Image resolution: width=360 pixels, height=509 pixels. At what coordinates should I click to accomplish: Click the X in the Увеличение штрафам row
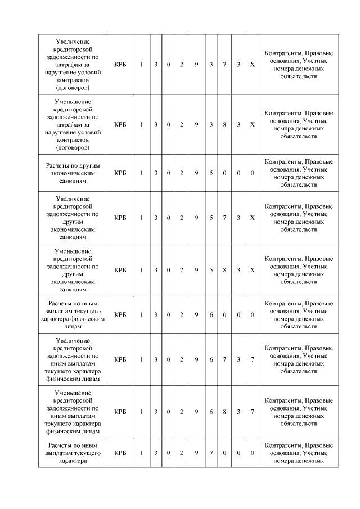(253, 65)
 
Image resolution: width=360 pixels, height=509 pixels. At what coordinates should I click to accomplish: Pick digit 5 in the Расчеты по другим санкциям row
(211, 173)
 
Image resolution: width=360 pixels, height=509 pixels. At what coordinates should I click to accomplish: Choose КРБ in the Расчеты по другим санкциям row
(120, 173)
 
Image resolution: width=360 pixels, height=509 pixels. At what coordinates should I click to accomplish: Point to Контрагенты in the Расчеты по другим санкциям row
(279, 161)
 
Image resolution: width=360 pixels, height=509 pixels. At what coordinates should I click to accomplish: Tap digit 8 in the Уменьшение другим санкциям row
(224, 270)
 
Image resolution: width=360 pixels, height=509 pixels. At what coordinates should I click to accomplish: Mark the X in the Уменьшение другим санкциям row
(253, 270)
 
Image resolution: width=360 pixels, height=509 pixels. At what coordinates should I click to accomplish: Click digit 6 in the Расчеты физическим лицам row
(211, 315)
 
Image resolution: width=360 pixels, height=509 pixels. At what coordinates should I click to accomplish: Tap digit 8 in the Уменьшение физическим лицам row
(224, 412)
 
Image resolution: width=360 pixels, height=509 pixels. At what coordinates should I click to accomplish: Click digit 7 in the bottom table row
(211, 453)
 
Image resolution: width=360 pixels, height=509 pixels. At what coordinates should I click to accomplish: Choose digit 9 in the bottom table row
(196, 453)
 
